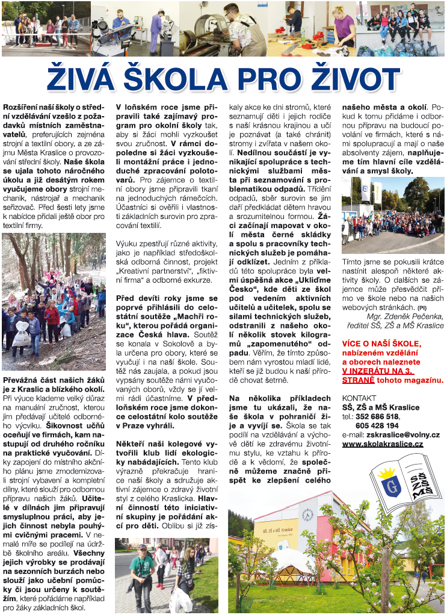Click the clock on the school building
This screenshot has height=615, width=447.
coord(308,516)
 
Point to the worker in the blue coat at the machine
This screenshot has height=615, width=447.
coord(155,27)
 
